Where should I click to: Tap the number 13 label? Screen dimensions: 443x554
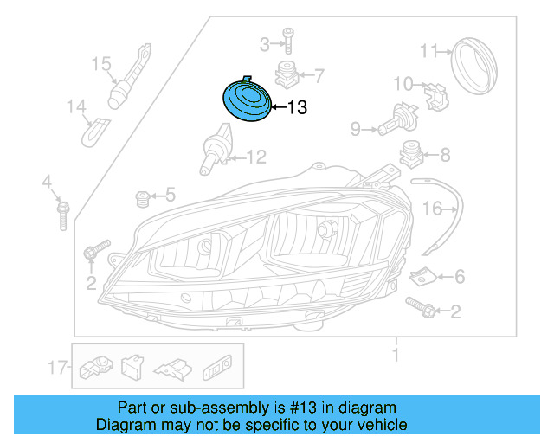[296, 108]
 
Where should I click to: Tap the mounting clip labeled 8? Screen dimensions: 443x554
[410, 157]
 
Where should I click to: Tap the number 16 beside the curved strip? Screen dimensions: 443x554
[432, 209]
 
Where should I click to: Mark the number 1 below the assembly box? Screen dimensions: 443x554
[396, 355]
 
